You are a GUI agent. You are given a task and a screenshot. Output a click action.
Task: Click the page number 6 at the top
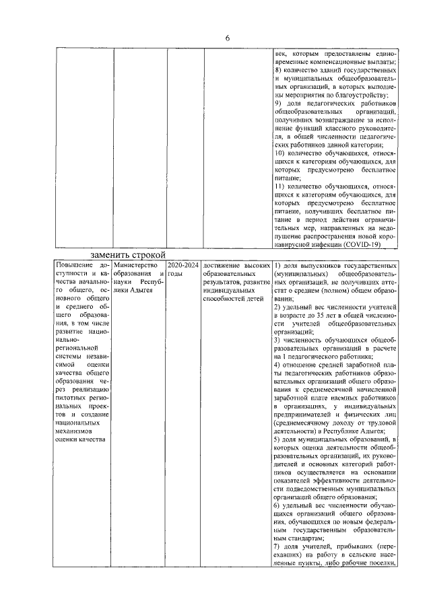(228, 38)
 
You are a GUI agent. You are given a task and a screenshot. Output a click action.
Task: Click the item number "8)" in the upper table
(278, 70)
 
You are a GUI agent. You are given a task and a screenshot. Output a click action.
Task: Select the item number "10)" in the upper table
(280, 154)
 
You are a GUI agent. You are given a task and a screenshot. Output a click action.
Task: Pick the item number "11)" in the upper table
(280, 185)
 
